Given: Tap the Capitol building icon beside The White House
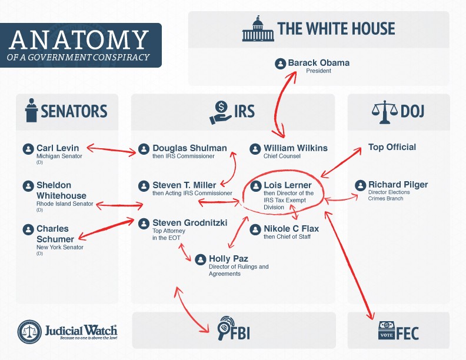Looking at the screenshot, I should [x=257, y=29].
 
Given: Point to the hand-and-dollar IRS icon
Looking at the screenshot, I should [x=221, y=112].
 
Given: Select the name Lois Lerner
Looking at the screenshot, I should [x=288, y=185].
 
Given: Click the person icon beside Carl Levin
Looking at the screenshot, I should [x=28, y=148].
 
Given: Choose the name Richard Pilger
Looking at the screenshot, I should [x=398, y=185].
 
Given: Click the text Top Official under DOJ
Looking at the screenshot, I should [x=392, y=147].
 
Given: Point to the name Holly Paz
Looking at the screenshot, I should [x=228, y=258].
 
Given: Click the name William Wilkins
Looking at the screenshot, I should [x=295, y=148].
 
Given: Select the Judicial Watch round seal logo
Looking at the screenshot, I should [x=29, y=332].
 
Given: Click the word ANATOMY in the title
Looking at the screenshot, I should [x=79, y=40].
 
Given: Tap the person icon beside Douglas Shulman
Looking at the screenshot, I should [x=144, y=148].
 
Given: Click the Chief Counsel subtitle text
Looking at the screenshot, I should [x=282, y=156].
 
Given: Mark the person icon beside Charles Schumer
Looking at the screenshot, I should [x=28, y=229].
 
